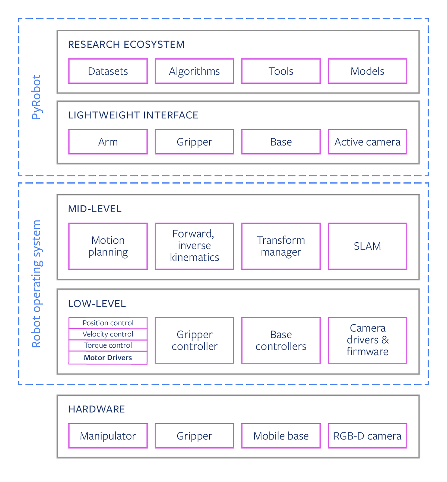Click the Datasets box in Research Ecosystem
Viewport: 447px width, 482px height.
tap(108, 71)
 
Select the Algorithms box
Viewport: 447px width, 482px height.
tap(194, 71)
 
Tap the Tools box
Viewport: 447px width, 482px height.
tap(281, 71)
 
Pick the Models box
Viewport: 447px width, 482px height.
tap(367, 71)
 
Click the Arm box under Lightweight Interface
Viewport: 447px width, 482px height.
tap(108, 142)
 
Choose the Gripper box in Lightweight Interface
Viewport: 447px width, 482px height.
tap(194, 142)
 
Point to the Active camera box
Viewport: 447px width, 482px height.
tap(367, 142)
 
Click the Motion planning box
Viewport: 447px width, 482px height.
tap(108, 246)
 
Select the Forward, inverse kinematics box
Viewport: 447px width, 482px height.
tap(194, 246)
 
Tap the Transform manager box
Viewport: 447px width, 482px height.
tap(281, 246)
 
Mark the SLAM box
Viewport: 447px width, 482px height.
tap(367, 246)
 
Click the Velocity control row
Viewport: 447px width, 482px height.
tap(108, 334)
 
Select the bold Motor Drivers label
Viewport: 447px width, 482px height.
tap(108, 358)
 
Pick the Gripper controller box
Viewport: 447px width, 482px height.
tap(194, 340)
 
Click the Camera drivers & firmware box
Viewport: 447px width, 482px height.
tap(367, 340)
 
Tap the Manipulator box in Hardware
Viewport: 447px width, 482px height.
tap(108, 436)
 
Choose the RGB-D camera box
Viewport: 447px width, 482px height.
tap(367, 436)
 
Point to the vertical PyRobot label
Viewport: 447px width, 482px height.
tap(36, 97)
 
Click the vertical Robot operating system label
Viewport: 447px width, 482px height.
tap(36, 284)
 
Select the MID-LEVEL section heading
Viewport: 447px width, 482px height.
tap(95, 209)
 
